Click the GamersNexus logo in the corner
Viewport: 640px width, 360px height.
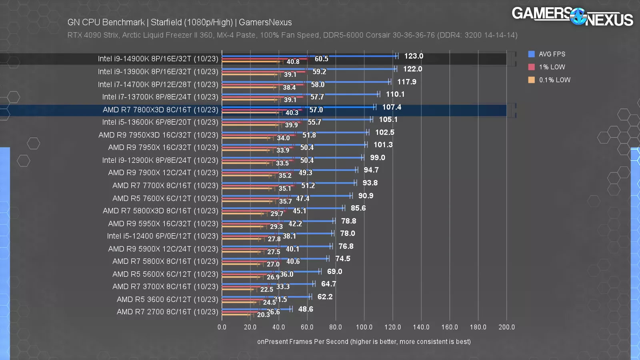[x=572, y=17]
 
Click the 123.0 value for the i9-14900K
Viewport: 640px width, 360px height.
[x=414, y=56]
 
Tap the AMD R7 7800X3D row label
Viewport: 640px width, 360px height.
[x=160, y=110]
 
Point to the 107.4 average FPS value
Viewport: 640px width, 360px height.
[x=392, y=107]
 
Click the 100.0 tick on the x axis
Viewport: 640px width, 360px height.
[x=364, y=327]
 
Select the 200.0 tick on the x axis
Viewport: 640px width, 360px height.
[x=506, y=327]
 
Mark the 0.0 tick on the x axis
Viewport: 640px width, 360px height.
[x=222, y=327]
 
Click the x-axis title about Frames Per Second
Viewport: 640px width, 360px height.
[x=364, y=342]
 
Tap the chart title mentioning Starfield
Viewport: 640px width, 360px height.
[x=180, y=22]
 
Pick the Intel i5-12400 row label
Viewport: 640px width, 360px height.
[x=162, y=236]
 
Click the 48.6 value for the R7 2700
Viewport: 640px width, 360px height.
[x=306, y=309]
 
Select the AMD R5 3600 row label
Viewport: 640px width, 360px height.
[x=167, y=299]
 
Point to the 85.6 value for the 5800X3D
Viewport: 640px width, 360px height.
[x=358, y=208]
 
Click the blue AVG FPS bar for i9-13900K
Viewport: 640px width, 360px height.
[x=308, y=69]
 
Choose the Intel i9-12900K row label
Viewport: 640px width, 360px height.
[x=160, y=160]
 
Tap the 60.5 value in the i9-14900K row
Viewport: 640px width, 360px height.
[x=321, y=59]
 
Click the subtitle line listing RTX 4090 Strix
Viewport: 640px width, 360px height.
[x=292, y=35]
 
